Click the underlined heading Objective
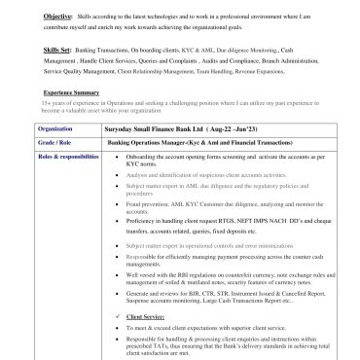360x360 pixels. pyautogui.click(x=56, y=18)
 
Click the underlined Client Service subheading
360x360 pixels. pyautogui.click(x=146, y=317)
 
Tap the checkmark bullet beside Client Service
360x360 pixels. pyautogui.click(x=118, y=317)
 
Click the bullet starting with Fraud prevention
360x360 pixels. pyautogui.click(x=118, y=203)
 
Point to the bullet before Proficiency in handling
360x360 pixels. pyautogui.click(x=118, y=220)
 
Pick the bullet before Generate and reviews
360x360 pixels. pyautogui.click(x=118, y=292)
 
